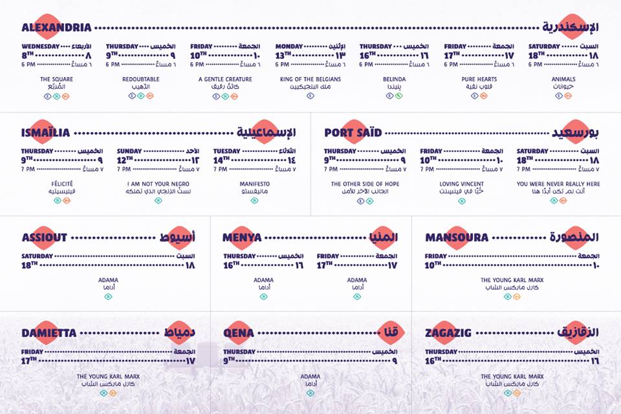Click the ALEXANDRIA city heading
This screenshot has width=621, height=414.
[56, 28]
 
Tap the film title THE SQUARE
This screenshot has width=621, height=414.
[56, 79]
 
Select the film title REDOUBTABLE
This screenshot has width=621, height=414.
[140, 79]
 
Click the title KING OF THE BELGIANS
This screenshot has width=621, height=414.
[310, 79]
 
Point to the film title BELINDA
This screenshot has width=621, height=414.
[394, 79]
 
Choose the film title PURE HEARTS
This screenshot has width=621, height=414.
[479, 79]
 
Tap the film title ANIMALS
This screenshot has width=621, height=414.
[563, 79]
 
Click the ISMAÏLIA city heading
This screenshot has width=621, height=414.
[46, 133]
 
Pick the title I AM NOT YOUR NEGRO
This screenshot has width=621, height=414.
[158, 184]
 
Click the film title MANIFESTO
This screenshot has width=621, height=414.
[254, 184]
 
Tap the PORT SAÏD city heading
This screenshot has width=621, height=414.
[353, 133]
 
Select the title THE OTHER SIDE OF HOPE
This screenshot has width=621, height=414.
[365, 184]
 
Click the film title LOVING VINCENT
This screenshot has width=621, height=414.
[461, 184]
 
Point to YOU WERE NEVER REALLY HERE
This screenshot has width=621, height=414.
[558, 184]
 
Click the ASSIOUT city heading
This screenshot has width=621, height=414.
[45, 237]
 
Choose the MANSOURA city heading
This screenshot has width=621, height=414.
[457, 237]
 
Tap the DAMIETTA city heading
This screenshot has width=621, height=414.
[49, 333]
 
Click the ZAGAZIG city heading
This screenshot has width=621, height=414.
[450, 333]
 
